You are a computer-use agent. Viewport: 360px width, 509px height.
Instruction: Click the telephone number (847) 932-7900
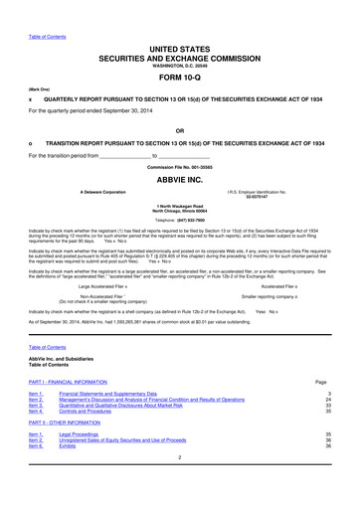pyautogui.click(x=180, y=220)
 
